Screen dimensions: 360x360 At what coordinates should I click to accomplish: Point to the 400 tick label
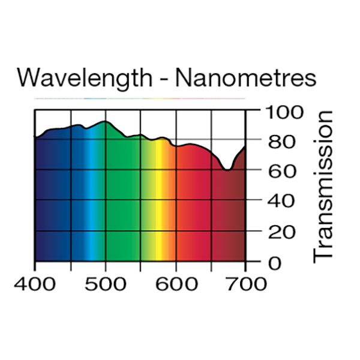pos(35,283)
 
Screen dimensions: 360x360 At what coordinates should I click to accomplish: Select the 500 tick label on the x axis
pos(105,283)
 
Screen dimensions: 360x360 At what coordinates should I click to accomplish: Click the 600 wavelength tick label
pos(175,283)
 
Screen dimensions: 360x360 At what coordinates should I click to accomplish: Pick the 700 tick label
pos(245,283)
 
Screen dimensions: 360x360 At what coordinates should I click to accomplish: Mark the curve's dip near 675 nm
pos(227,170)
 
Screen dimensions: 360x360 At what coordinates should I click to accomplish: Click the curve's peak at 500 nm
pos(105,122)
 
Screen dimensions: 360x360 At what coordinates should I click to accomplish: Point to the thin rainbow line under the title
pos(140,98)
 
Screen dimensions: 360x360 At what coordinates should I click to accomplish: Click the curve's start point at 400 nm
pos(35,138)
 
